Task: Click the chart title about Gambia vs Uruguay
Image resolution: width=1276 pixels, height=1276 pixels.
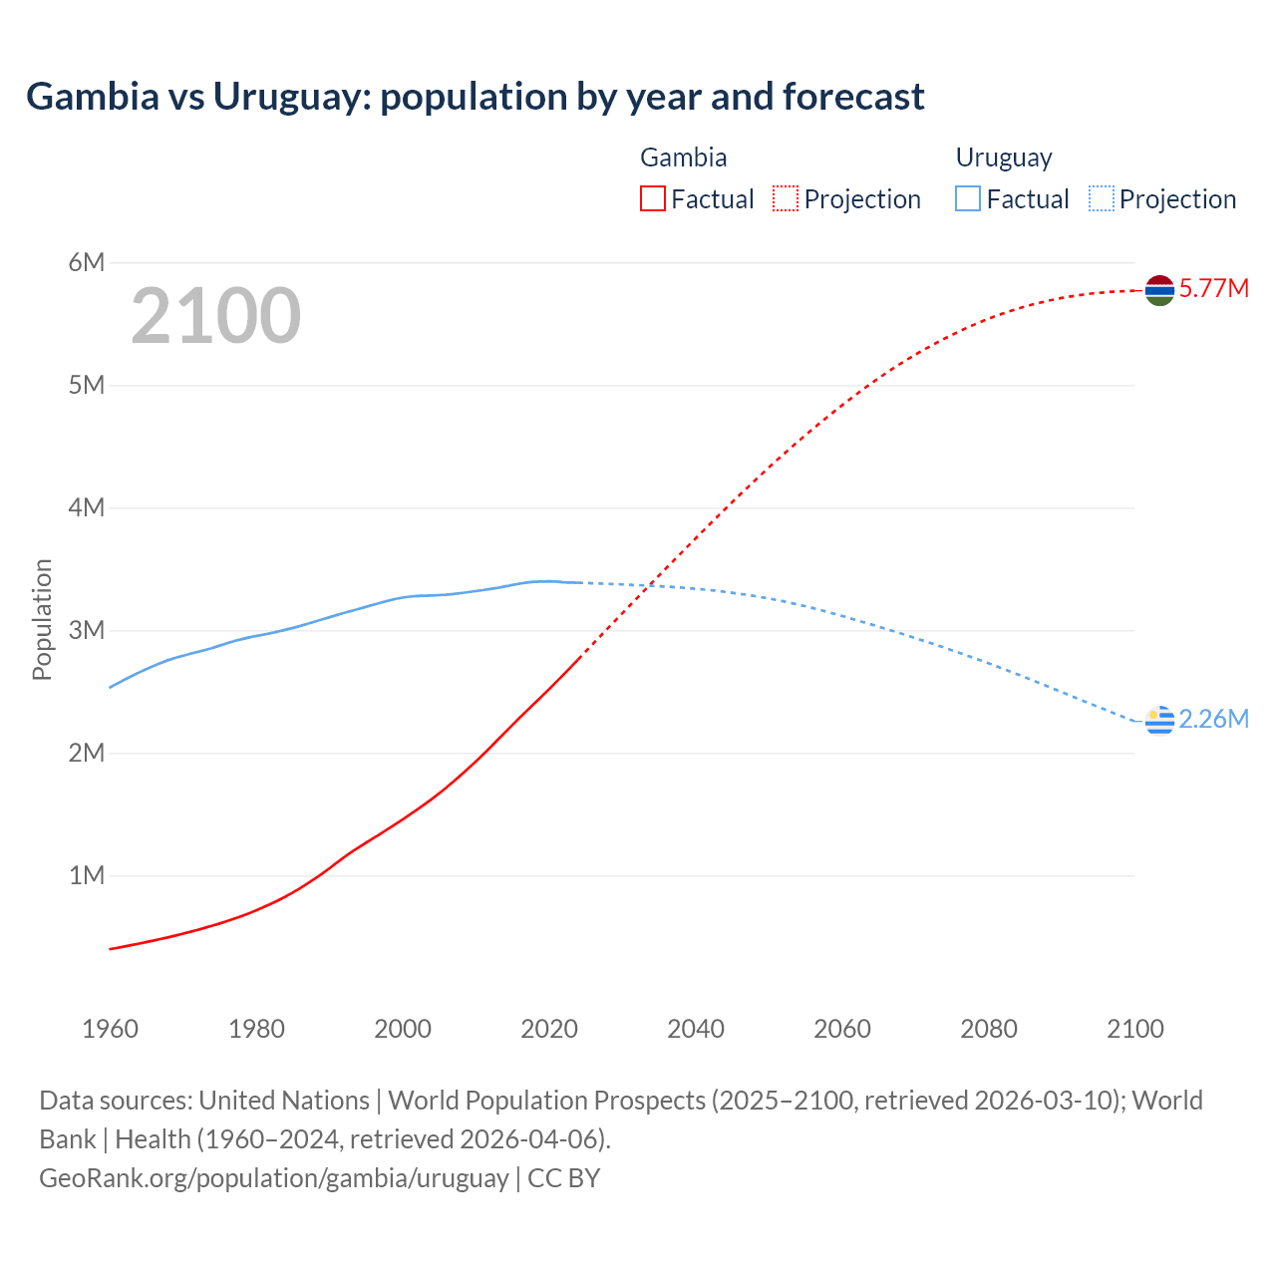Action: click(475, 97)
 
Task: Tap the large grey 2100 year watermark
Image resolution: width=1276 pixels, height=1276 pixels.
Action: click(215, 316)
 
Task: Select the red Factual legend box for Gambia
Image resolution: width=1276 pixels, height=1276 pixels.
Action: click(652, 199)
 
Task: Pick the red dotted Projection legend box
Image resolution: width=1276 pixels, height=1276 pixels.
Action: click(786, 199)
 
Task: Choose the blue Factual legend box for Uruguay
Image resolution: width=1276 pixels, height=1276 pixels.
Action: click(968, 199)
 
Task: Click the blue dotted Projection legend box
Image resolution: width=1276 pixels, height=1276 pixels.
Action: click(1102, 199)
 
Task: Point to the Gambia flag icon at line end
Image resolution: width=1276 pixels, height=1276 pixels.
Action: click(1159, 290)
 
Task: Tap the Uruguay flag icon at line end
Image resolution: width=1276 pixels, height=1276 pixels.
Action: click(1159, 720)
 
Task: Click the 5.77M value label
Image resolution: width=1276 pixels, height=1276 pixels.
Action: click(1213, 289)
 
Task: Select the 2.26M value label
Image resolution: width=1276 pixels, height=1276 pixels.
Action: click(1213, 720)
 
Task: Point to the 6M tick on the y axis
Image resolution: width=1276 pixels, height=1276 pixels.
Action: click(87, 262)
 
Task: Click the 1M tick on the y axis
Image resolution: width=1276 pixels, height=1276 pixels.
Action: click(87, 875)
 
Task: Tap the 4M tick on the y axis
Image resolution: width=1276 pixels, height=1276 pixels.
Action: click(87, 507)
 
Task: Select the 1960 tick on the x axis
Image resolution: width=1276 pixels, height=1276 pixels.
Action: click(110, 1029)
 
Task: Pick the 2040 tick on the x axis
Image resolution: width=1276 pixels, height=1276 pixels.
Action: click(696, 1029)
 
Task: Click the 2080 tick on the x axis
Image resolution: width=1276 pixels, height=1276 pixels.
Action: click(989, 1029)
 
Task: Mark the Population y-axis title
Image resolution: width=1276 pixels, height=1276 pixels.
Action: click(42, 619)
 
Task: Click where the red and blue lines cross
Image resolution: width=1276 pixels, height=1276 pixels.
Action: click(649, 585)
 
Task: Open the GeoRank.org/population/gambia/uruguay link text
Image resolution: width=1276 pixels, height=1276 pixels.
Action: click(274, 1178)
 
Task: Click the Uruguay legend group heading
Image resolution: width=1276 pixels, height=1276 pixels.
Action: click(1004, 158)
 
